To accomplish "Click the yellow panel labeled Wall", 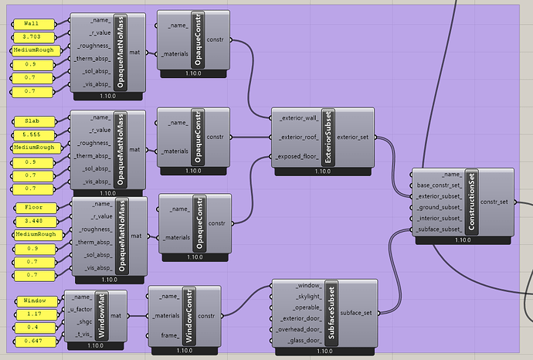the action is tap(33, 24).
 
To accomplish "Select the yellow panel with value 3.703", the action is tap(33, 37).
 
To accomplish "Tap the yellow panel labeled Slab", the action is tap(34, 121).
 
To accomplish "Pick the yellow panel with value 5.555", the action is tap(34, 134).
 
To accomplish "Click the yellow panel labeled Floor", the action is tap(36, 207).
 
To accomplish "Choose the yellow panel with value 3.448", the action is tap(36, 221).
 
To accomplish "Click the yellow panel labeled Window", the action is tap(36, 301).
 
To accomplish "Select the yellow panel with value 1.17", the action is tap(36, 314).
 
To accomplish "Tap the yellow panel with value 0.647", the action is tap(35, 341).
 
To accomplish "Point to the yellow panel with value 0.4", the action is tap(34, 328).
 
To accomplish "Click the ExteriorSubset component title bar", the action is tap(328, 138).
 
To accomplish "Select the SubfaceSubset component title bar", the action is tap(331, 313).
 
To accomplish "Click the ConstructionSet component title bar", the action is tap(471, 202).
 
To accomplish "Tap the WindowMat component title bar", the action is tap(102, 316).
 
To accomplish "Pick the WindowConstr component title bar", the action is tap(189, 316).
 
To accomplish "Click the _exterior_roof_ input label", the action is tap(299, 138).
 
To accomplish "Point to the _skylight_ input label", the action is tap(308, 297).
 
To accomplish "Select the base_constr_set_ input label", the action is tap(440, 185).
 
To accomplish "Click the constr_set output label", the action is tap(494, 202).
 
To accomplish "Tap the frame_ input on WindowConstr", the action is tap(170, 335).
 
